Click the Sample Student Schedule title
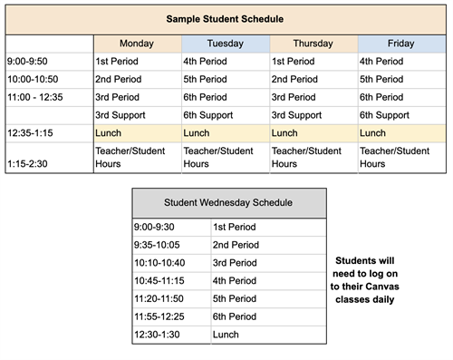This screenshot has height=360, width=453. (226, 18)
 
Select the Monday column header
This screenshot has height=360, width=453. (137, 44)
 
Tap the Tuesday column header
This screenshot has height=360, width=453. (225, 44)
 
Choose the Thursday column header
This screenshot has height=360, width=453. (313, 44)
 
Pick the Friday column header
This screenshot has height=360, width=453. (402, 44)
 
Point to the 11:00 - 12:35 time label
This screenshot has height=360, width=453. (35, 97)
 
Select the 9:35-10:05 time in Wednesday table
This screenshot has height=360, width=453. (159, 245)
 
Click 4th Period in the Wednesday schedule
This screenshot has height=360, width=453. (235, 280)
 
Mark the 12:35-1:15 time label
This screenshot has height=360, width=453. (31, 133)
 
